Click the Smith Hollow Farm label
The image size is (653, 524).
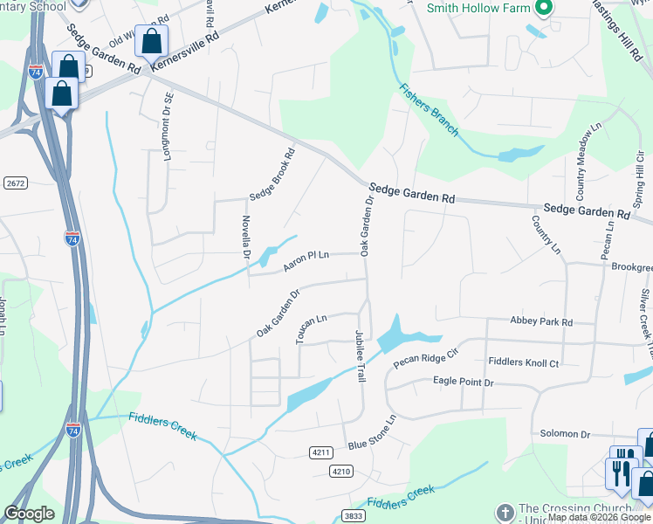[478, 8]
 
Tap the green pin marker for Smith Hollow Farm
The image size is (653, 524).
[545, 9]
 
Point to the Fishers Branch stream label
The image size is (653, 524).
[429, 109]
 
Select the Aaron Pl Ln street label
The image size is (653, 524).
[305, 257]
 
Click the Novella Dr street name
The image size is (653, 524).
[246, 238]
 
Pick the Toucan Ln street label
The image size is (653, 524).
[311, 329]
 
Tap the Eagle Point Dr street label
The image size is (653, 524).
[464, 382]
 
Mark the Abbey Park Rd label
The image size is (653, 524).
[542, 322]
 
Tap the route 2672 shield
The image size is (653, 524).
[16, 183]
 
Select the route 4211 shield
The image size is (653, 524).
[321, 452]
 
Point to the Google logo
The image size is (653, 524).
[29, 514]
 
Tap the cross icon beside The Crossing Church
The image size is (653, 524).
[505, 513]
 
